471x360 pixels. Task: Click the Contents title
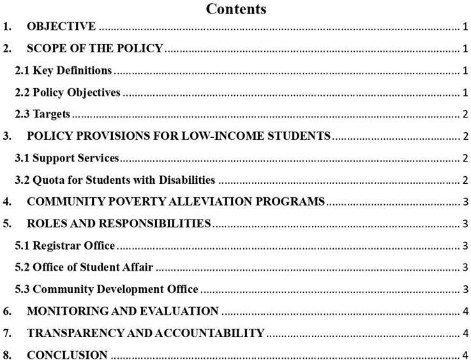point(236,9)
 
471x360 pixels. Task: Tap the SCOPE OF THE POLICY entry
point(95,49)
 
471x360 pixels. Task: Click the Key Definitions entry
point(64,70)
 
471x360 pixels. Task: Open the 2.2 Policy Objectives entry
point(68,93)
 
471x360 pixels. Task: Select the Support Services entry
point(67,158)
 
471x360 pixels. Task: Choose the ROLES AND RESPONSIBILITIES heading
point(119,224)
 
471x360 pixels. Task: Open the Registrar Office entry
point(65,246)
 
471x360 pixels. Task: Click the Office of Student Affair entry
point(84,267)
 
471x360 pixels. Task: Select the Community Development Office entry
point(107,289)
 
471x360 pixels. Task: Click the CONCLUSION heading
point(67,355)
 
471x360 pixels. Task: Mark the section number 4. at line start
point(7,202)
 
